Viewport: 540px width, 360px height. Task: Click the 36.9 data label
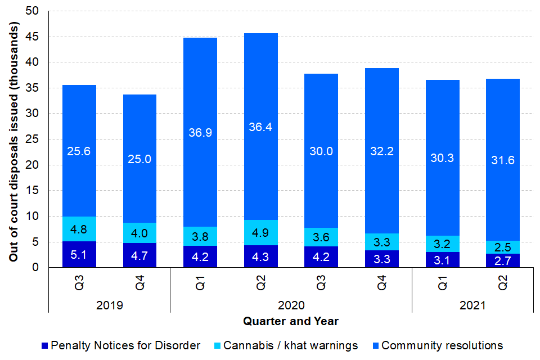(200, 132)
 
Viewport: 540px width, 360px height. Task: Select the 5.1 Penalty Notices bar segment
(79, 254)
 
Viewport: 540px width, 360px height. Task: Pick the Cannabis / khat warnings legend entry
(291, 345)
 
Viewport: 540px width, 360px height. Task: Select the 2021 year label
(472, 306)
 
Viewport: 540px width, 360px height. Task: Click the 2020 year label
(291, 306)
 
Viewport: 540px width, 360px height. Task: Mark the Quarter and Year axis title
(291, 322)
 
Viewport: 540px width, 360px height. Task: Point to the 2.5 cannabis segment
(503, 247)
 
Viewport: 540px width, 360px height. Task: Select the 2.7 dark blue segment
(503, 260)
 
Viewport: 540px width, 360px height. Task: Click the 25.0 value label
(139, 159)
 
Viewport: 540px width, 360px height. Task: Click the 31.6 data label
(503, 160)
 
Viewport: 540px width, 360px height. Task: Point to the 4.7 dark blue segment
(139, 255)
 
